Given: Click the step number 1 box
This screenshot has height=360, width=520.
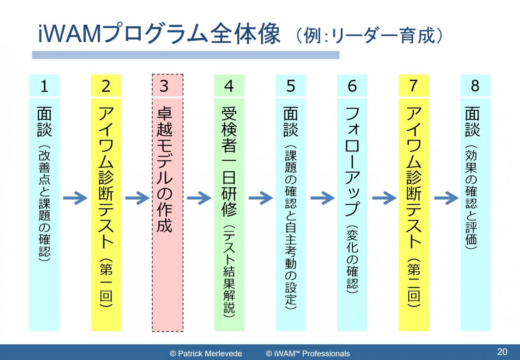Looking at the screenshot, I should pos(44,86).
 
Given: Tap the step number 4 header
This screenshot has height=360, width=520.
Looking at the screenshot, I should pos(229,86).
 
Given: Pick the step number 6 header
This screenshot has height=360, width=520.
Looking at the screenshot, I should pos(352,86).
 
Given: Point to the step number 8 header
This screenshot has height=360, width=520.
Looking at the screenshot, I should pos(475,86).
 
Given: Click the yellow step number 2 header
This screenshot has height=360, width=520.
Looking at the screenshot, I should pos(106,86).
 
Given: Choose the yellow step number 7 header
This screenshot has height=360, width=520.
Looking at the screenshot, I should pos(413,86).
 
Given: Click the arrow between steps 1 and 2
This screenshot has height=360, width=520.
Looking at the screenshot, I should pos(75,198).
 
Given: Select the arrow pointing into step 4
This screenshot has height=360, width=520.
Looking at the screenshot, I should pos(199,198).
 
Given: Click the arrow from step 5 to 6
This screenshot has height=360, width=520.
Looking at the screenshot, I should pos(322,198).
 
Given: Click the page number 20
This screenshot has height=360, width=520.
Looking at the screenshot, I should pos(502,352).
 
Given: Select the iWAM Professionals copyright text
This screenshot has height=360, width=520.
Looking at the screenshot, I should pos(308,354).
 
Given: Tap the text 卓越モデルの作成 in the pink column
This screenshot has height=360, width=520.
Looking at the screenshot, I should pos(165,170).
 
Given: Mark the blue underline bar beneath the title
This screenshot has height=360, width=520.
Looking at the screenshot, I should pos(186,55).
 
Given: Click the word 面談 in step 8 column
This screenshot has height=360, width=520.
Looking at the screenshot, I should pos(473,122).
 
